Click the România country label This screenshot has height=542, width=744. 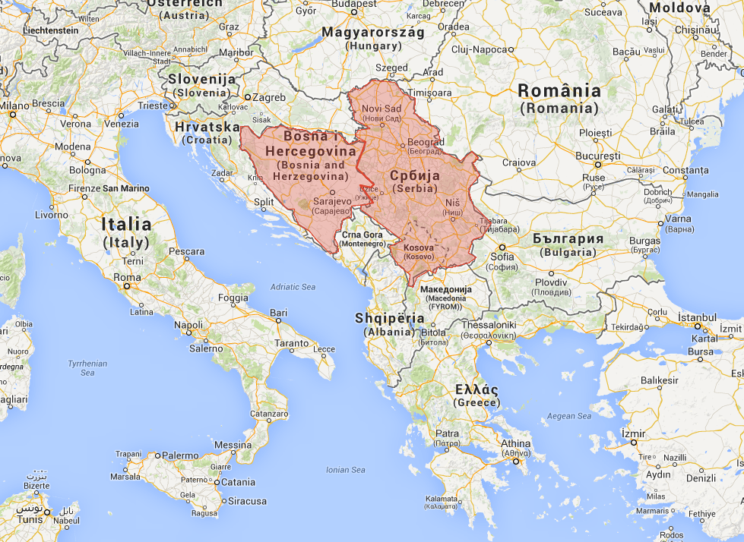click(559, 91)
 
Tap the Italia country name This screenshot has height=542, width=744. click(126, 225)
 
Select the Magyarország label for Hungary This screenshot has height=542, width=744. click(372, 32)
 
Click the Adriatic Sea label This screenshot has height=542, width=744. click(293, 287)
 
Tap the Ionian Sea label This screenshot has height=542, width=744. click(345, 470)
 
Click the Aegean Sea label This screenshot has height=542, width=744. click(568, 416)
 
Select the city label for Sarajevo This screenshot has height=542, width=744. click(333, 202)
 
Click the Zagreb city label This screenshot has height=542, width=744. click(270, 97)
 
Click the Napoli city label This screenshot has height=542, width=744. click(188, 325)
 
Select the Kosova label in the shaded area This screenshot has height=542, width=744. click(419, 248)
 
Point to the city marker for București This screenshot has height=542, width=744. click(598, 164)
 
